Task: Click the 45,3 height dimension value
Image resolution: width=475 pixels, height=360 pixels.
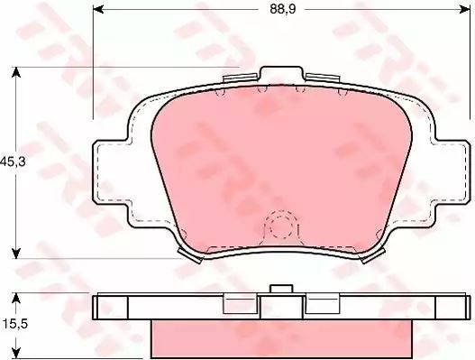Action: pos(13,162)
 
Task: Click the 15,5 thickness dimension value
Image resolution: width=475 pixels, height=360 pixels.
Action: pos(15,324)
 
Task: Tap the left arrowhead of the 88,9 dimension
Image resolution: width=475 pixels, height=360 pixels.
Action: pos(98,9)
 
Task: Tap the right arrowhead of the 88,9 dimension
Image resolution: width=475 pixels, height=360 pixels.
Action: pos(464,9)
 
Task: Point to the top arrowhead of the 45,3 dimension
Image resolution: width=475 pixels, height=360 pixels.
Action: pos(16,72)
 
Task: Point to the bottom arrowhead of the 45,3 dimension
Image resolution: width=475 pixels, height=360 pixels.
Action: pos(16,253)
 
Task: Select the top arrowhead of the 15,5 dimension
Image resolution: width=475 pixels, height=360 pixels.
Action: pos(16,299)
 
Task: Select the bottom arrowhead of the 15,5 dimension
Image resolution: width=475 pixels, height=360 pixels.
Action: pos(16,354)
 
